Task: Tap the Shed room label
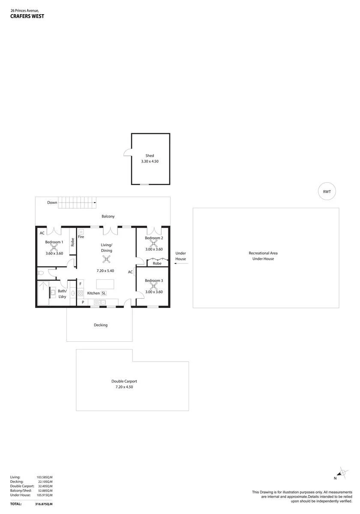150,155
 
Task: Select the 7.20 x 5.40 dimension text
105,271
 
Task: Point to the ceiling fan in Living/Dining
106,259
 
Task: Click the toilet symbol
41,273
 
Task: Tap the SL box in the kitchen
104,293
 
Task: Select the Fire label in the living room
81,236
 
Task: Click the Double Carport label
124,381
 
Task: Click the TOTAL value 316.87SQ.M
44,504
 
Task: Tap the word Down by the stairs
52,202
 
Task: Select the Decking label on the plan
101,325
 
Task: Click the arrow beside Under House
181,263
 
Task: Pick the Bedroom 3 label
154,281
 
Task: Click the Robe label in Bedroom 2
157,263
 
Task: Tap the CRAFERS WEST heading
27,16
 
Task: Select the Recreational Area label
263,253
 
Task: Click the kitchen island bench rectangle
105,284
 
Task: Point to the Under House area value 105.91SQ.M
45,495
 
